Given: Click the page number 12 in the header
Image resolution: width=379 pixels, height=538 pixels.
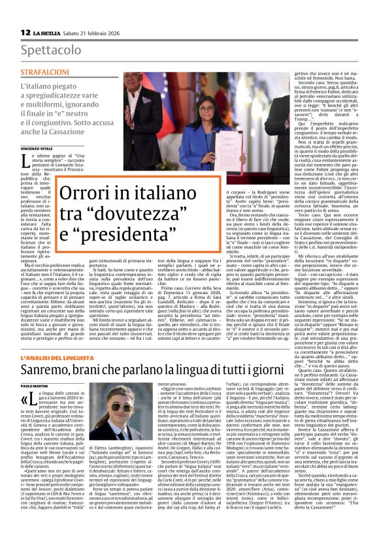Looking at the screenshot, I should [x=25, y=32].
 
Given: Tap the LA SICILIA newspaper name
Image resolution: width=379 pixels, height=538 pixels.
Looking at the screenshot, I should [x=48, y=33].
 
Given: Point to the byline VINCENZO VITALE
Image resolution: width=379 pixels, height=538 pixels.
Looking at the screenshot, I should [x=38, y=150].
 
